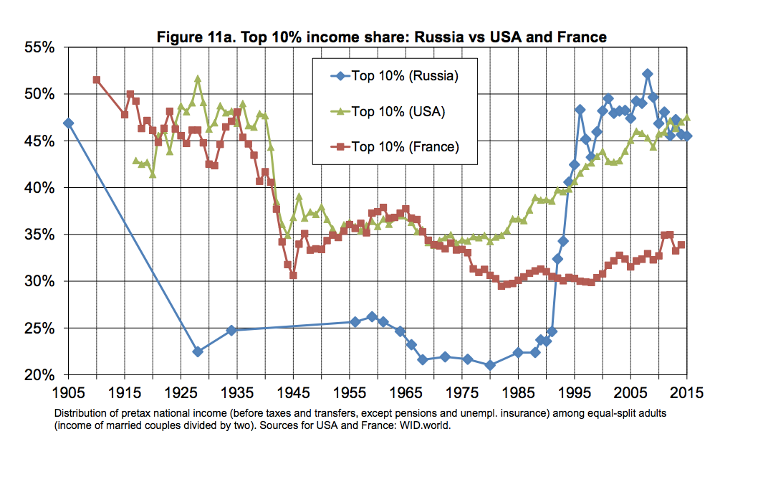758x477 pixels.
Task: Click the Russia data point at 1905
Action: coord(68,123)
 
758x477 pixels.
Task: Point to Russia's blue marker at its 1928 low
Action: coord(198,351)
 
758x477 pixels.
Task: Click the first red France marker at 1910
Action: coord(97,80)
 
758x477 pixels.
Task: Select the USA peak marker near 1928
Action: coord(198,80)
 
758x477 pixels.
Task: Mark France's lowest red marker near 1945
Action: coord(293,275)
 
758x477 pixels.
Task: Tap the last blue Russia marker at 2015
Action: coord(686,136)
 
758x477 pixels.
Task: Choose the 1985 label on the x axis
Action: coord(518,393)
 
